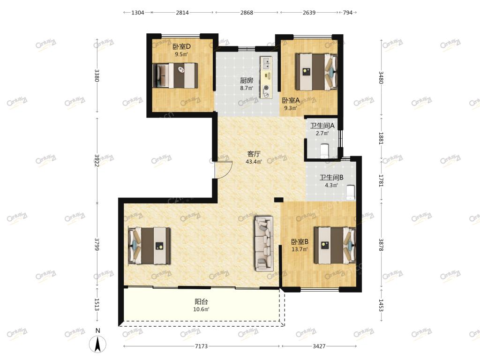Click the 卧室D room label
click(181, 46)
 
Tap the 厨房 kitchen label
click(247, 81)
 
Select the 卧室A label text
click(291, 100)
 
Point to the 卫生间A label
click(322, 126)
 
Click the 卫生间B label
click(331, 178)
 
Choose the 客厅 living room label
click(254, 154)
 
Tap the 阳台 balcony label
click(201, 301)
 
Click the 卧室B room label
click(300, 242)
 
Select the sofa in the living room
click(263, 244)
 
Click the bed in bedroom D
click(175, 75)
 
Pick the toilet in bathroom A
click(324, 151)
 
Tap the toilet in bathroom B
click(351, 193)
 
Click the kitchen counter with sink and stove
click(266, 77)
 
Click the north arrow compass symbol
click(97, 344)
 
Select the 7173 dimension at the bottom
click(201, 346)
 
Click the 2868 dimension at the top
click(247, 13)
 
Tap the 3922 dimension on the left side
click(97, 160)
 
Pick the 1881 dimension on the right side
click(381, 138)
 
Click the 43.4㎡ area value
click(254, 162)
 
